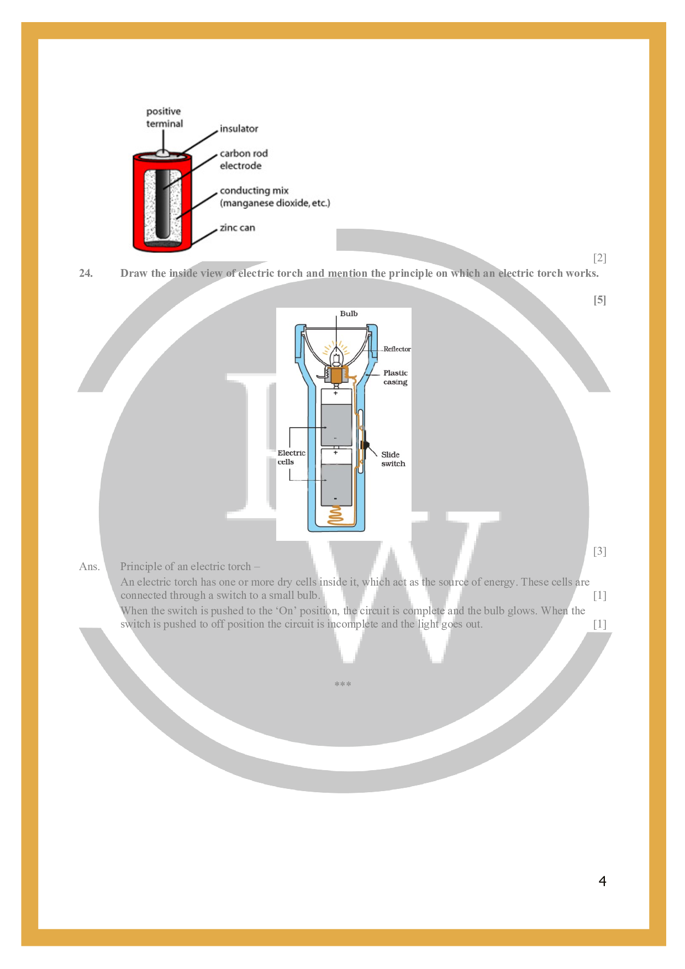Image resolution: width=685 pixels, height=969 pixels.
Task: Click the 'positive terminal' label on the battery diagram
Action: click(164, 118)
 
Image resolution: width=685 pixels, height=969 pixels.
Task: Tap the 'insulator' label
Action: click(239, 129)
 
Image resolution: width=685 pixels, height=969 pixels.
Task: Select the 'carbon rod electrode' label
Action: click(243, 160)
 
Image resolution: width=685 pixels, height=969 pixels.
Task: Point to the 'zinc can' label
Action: click(237, 228)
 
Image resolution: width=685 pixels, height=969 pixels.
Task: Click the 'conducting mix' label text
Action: click(254, 191)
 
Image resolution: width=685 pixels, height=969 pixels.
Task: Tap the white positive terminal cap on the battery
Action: click(162, 152)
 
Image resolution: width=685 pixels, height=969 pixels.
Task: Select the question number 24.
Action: click(86, 273)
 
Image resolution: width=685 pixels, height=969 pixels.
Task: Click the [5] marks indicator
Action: click(599, 300)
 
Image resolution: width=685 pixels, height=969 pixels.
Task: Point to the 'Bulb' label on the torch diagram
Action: click(349, 314)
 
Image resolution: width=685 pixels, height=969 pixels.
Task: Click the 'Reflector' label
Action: click(397, 349)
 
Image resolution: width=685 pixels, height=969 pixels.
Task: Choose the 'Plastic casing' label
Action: click(395, 377)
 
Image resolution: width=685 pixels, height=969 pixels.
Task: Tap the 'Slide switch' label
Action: click(393, 459)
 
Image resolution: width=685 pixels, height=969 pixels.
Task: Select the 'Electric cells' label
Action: click(291, 457)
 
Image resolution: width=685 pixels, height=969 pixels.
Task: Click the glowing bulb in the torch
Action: click(336, 359)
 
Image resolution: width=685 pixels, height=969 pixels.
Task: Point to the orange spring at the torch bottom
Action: click(336, 516)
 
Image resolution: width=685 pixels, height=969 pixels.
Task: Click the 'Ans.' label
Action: click(89, 567)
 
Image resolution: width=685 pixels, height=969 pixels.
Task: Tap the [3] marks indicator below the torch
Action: click(599, 551)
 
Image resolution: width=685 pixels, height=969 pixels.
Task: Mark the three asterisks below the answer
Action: click(342, 684)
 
